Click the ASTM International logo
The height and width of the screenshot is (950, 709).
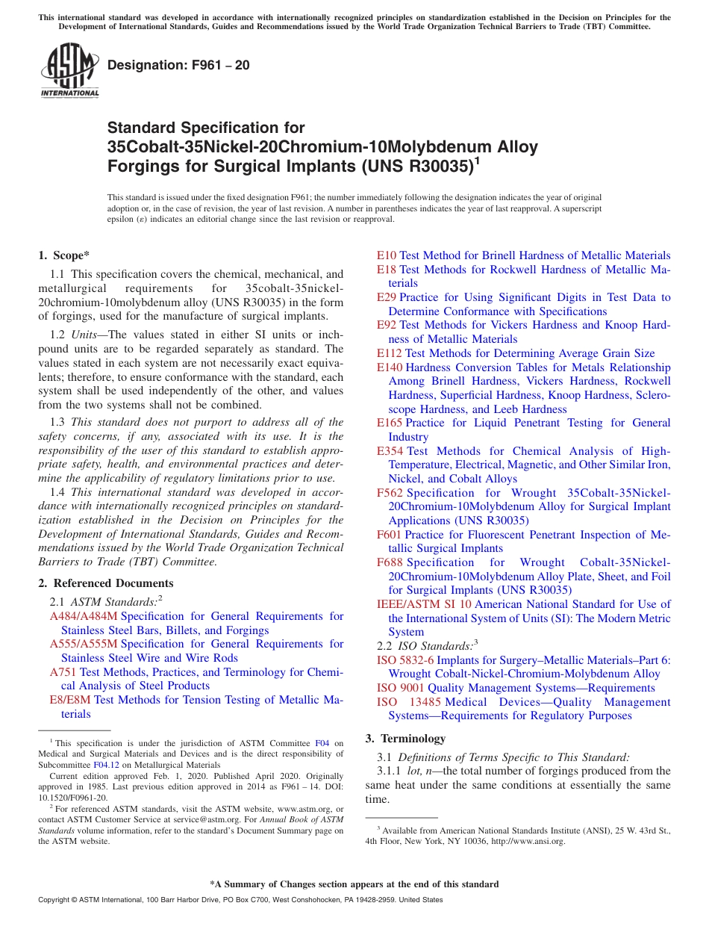[69, 70]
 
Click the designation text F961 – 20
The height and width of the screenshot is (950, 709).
[178, 66]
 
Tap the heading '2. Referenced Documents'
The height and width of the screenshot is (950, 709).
[105, 583]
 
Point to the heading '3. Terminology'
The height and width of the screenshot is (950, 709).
[405, 739]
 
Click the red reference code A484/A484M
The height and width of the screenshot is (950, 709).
[84, 616]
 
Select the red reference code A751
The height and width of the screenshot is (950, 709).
[63, 672]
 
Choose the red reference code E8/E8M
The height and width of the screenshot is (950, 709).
[70, 700]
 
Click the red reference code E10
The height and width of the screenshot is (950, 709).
[387, 255]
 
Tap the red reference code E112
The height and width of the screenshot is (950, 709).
[390, 353]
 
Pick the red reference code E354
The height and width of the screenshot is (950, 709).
[390, 451]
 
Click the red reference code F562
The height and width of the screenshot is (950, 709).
[390, 493]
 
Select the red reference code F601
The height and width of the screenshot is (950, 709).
[390, 535]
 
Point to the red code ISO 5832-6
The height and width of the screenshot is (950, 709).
[405, 660]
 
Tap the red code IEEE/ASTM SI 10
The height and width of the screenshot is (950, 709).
[424, 604]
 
